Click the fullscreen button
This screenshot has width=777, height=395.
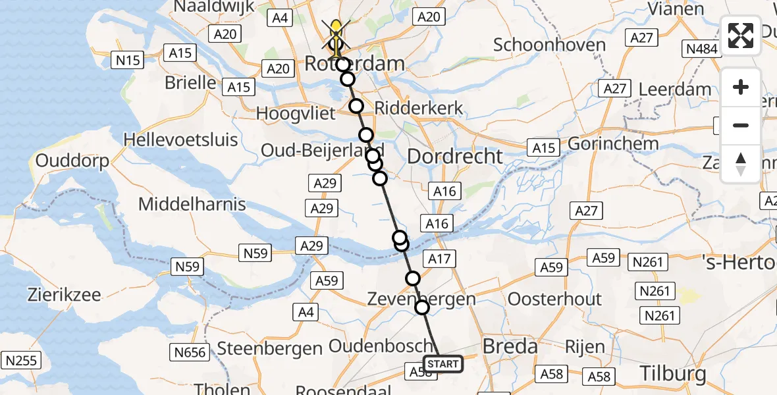tap(741, 36)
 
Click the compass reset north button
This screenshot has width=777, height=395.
tap(741, 163)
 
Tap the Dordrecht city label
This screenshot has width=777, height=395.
tap(454, 157)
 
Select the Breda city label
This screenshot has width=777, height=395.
tap(510, 346)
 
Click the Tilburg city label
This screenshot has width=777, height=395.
tap(673, 373)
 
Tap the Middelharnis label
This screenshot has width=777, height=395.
tap(192, 204)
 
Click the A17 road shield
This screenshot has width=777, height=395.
tap(439, 259)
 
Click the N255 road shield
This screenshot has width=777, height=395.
tap(22, 360)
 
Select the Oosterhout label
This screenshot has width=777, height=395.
tap(554, 299)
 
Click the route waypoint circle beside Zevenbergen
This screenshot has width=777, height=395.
tap(421, 307)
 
